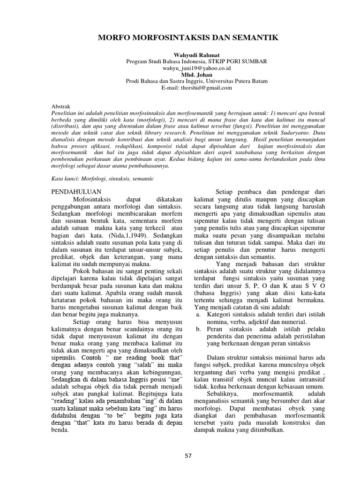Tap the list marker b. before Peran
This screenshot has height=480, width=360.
(198, 331)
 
